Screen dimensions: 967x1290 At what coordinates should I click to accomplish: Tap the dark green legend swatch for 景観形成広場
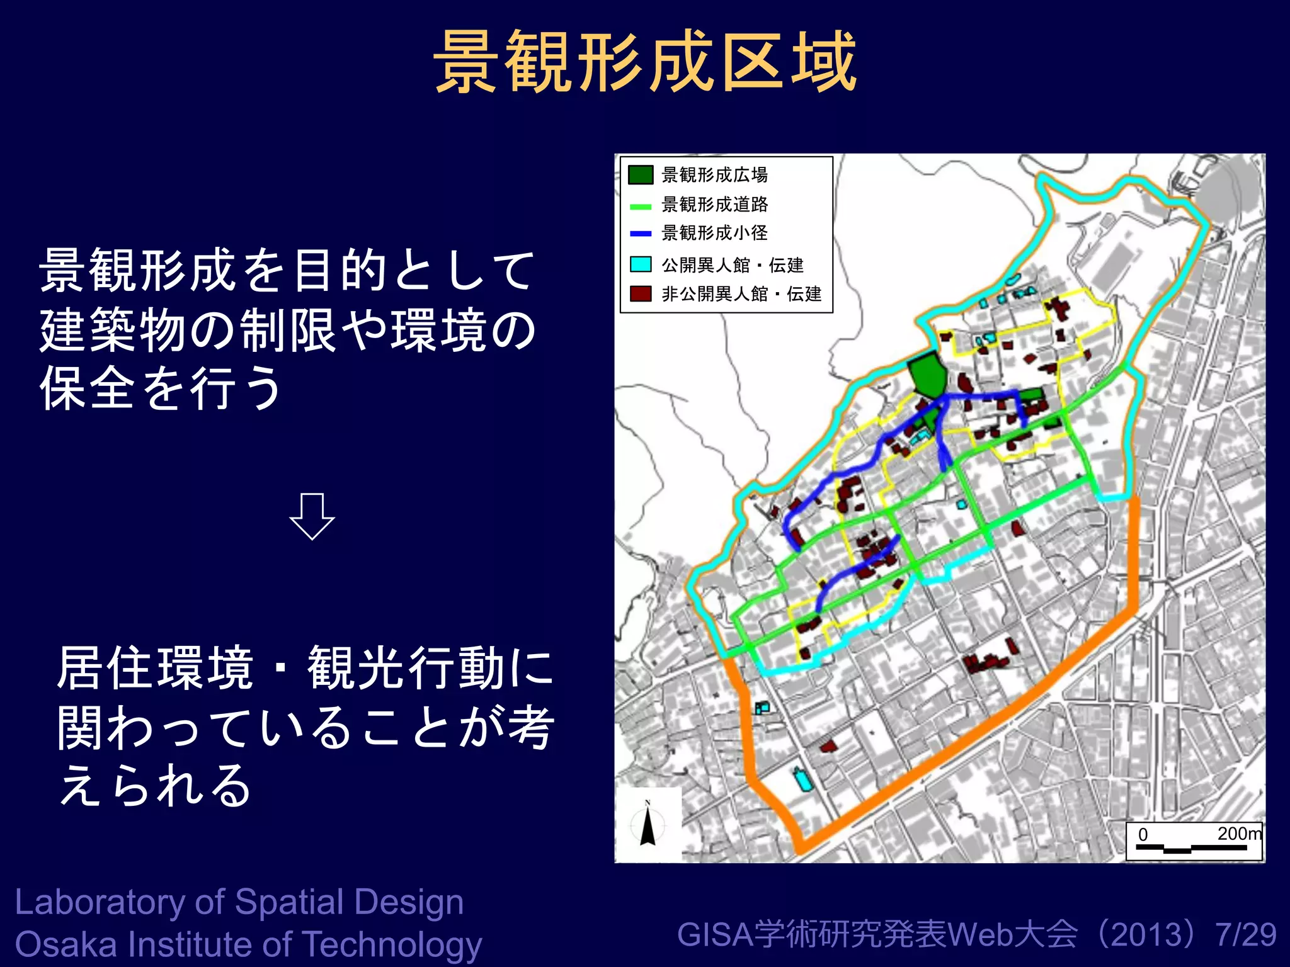tap(641, 174)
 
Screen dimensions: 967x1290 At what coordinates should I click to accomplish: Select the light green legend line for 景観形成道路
tap(641, 206)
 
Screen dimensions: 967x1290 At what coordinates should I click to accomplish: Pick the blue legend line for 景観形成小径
tap(641, 234)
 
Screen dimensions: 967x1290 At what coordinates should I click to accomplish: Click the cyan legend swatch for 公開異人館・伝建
tap(641, 264)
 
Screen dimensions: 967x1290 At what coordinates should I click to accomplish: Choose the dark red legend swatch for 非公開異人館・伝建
tap(641, 294)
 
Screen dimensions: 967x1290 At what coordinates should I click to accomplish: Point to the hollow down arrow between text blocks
tap(312, 516)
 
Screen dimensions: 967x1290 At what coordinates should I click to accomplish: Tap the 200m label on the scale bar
tap(1239, 834)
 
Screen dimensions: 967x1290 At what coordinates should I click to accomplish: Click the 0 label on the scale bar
tap(1143, 835)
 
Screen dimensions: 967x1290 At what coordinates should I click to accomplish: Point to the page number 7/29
tap(1246, 934)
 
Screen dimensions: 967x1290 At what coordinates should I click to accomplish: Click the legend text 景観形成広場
tap(714, 174)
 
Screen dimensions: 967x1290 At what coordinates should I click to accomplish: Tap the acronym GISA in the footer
tap(715, 934)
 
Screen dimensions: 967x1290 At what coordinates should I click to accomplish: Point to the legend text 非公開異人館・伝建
tap(741, 294)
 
